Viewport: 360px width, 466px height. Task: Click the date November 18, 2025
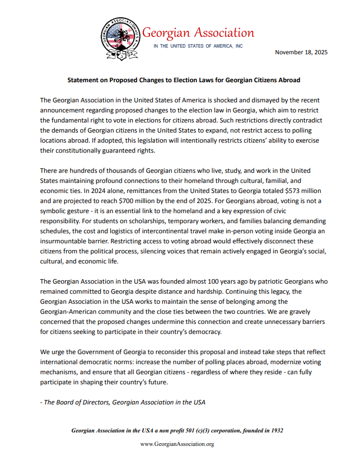point(301,52)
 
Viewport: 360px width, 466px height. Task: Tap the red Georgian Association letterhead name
point(198,33)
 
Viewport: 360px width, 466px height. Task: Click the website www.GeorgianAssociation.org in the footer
point(177,444)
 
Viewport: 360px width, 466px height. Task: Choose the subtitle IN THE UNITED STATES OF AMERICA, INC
point(198,46)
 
